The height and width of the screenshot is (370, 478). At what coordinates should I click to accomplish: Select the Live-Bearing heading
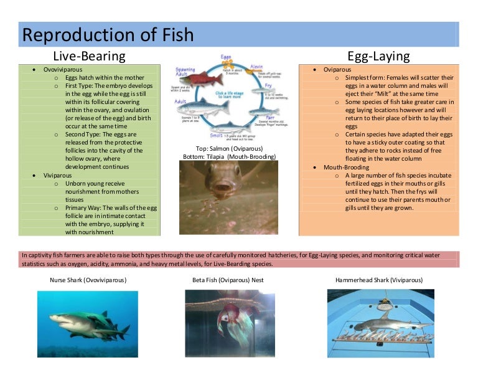pyautogui.click(x=89, y=56)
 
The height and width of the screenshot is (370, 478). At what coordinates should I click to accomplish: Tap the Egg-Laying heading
pyautogui.click(x=378, y=56)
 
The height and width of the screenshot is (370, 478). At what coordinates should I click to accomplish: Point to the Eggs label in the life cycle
pyautogui.click(x=227, y=57)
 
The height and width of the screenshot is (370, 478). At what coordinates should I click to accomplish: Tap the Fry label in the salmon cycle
pyautogui.click(x=268, y=85)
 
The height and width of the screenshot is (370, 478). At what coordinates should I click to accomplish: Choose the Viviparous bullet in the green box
pyautogui.click(x=57, y=176)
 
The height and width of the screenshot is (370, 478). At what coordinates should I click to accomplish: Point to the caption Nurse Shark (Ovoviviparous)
pyautogui.click(x=88, y=280)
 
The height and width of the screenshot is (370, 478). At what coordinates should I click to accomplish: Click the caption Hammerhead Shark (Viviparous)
pyautogui.click(x=381, y=280)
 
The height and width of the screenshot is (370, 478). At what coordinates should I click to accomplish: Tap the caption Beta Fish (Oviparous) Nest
pyautogui.click(x=228, y=280)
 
